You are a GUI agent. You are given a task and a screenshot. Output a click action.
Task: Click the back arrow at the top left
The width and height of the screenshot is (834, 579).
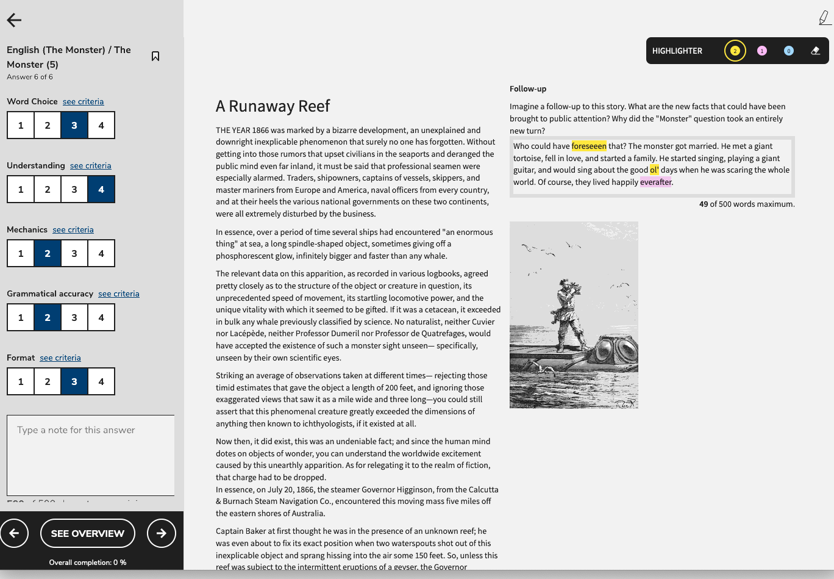point(14,20)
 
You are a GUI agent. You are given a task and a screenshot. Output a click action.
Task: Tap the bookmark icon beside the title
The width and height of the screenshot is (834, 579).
point(155,56)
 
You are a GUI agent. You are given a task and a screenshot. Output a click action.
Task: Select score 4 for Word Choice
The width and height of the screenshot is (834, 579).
point(101,125)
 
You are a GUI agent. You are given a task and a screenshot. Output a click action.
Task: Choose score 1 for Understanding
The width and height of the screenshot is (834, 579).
point(21,189)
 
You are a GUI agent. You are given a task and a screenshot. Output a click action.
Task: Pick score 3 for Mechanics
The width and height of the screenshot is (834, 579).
point(74,253)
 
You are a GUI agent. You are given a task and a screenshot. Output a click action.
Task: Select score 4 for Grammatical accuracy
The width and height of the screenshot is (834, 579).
point(101,317)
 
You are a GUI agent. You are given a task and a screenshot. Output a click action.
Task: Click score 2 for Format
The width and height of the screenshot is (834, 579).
point(48,381)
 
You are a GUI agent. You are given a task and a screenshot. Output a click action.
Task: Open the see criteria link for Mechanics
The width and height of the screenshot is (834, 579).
point(73,229)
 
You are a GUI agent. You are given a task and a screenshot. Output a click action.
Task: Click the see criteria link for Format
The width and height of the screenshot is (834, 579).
point(60,358)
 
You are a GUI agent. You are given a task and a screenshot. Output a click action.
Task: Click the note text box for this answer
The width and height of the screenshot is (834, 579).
point(90,455)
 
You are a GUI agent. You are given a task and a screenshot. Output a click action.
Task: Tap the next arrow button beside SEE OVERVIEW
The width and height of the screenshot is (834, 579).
point(162,533)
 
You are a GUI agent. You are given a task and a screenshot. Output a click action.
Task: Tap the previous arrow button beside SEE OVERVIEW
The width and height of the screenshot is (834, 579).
point(15,533)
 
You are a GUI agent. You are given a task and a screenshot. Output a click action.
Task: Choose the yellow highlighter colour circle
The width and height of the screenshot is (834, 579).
point(735,51)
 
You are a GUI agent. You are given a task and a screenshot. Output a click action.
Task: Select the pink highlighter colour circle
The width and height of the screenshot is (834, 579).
point(761,51)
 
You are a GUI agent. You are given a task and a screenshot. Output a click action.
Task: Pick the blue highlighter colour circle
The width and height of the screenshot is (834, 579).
point(788,51)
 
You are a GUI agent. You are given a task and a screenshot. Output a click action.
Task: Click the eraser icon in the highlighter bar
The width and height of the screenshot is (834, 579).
point(816,51)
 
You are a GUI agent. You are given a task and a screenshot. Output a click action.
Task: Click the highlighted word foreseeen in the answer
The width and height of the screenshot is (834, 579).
point(589,146)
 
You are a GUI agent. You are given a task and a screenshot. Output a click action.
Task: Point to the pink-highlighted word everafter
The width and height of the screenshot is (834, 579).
point(655,182)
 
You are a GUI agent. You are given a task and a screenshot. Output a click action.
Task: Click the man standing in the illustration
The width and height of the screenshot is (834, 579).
point(565,311)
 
